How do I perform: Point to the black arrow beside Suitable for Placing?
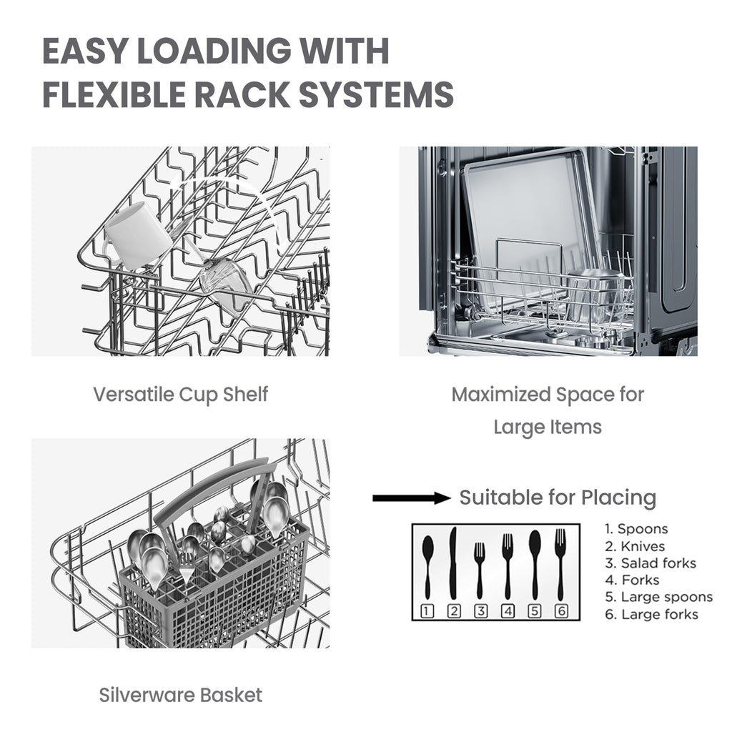point(411,498)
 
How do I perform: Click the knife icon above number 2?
point(452,563)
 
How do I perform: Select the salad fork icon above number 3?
point(480,570)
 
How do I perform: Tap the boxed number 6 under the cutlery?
point(562,610)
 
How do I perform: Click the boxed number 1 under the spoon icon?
point(427,610)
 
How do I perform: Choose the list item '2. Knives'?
point(635,546)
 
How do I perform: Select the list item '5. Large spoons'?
point(658,597)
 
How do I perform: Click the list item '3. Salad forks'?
point(651,563)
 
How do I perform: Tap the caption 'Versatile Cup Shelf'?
point(181,395)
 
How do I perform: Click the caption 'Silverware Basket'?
point(181,695)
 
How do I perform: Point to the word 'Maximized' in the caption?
point(500,395)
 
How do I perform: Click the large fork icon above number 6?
point(560,564)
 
